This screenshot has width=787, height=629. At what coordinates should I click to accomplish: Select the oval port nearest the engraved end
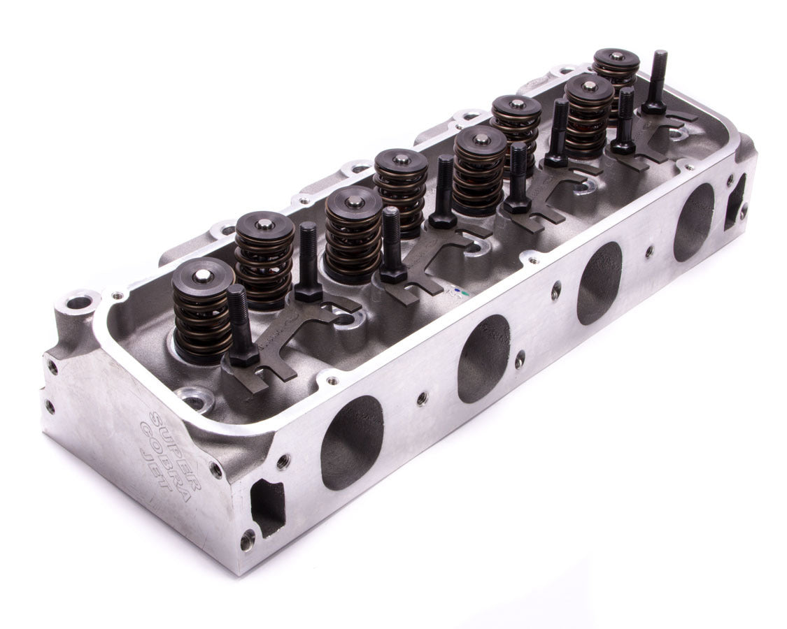352,442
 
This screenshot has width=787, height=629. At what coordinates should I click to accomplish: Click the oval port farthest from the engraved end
693,222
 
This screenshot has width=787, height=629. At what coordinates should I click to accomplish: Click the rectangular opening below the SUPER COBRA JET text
268,507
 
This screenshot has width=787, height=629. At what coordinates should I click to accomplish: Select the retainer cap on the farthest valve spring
616,59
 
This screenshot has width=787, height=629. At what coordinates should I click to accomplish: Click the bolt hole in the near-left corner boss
78,303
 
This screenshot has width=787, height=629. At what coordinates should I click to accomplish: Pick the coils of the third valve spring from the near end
354,241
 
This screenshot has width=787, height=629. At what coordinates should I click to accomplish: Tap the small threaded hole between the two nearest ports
422,398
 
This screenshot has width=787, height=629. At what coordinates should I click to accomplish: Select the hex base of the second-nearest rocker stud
308,291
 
